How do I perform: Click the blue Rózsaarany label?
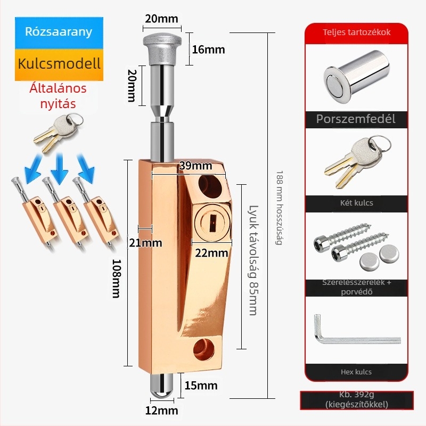click(59, 31)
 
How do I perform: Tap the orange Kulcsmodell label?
click(59, 64)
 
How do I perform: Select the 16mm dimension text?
click(208, 50)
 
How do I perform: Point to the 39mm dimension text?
click(195, 166)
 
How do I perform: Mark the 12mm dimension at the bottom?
click(162, 411)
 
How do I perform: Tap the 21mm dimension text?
click(144, 243)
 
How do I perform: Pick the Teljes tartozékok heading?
click(356, 32)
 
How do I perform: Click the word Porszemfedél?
click(356, 119)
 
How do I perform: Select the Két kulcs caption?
click(356, 203)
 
